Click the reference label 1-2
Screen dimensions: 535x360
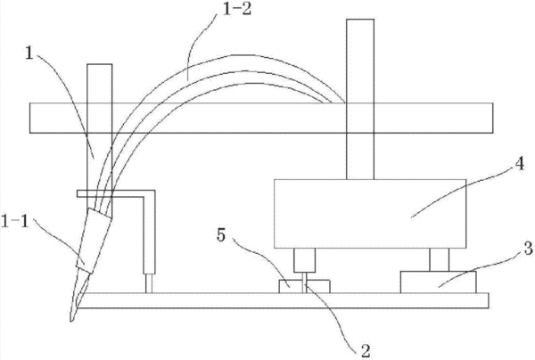236,10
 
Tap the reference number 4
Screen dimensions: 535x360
519,165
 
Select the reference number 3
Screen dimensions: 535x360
528,249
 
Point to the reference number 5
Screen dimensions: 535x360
221,235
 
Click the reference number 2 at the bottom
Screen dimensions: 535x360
366,351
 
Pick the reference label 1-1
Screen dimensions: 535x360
14,222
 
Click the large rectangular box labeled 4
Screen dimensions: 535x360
370,214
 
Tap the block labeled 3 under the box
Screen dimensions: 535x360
438,282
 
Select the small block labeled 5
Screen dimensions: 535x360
304,286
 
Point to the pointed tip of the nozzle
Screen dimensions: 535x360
71,321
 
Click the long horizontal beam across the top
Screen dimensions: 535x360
261,118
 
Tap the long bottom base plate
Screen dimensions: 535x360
284,300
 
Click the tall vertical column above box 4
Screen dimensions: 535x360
360,99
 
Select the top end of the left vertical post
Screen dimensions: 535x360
99,64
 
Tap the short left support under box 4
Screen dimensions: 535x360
305,260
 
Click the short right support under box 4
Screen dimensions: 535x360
440,260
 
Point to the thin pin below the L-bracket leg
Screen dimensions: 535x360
149,283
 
